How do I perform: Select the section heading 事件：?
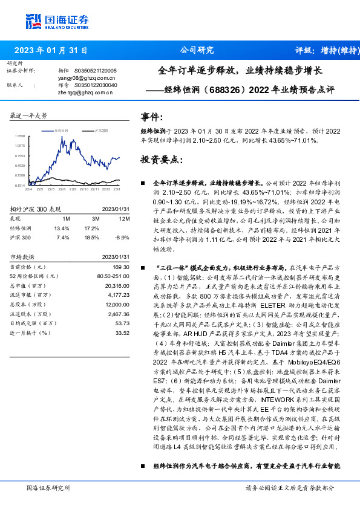[x=152, y=117]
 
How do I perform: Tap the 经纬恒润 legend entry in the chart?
[x=61, y=130]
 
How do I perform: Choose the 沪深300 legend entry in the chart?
[x=102, y=130]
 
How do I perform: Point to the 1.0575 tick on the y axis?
[x=20, y=146]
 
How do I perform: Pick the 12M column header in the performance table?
[x=124, y=218]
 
